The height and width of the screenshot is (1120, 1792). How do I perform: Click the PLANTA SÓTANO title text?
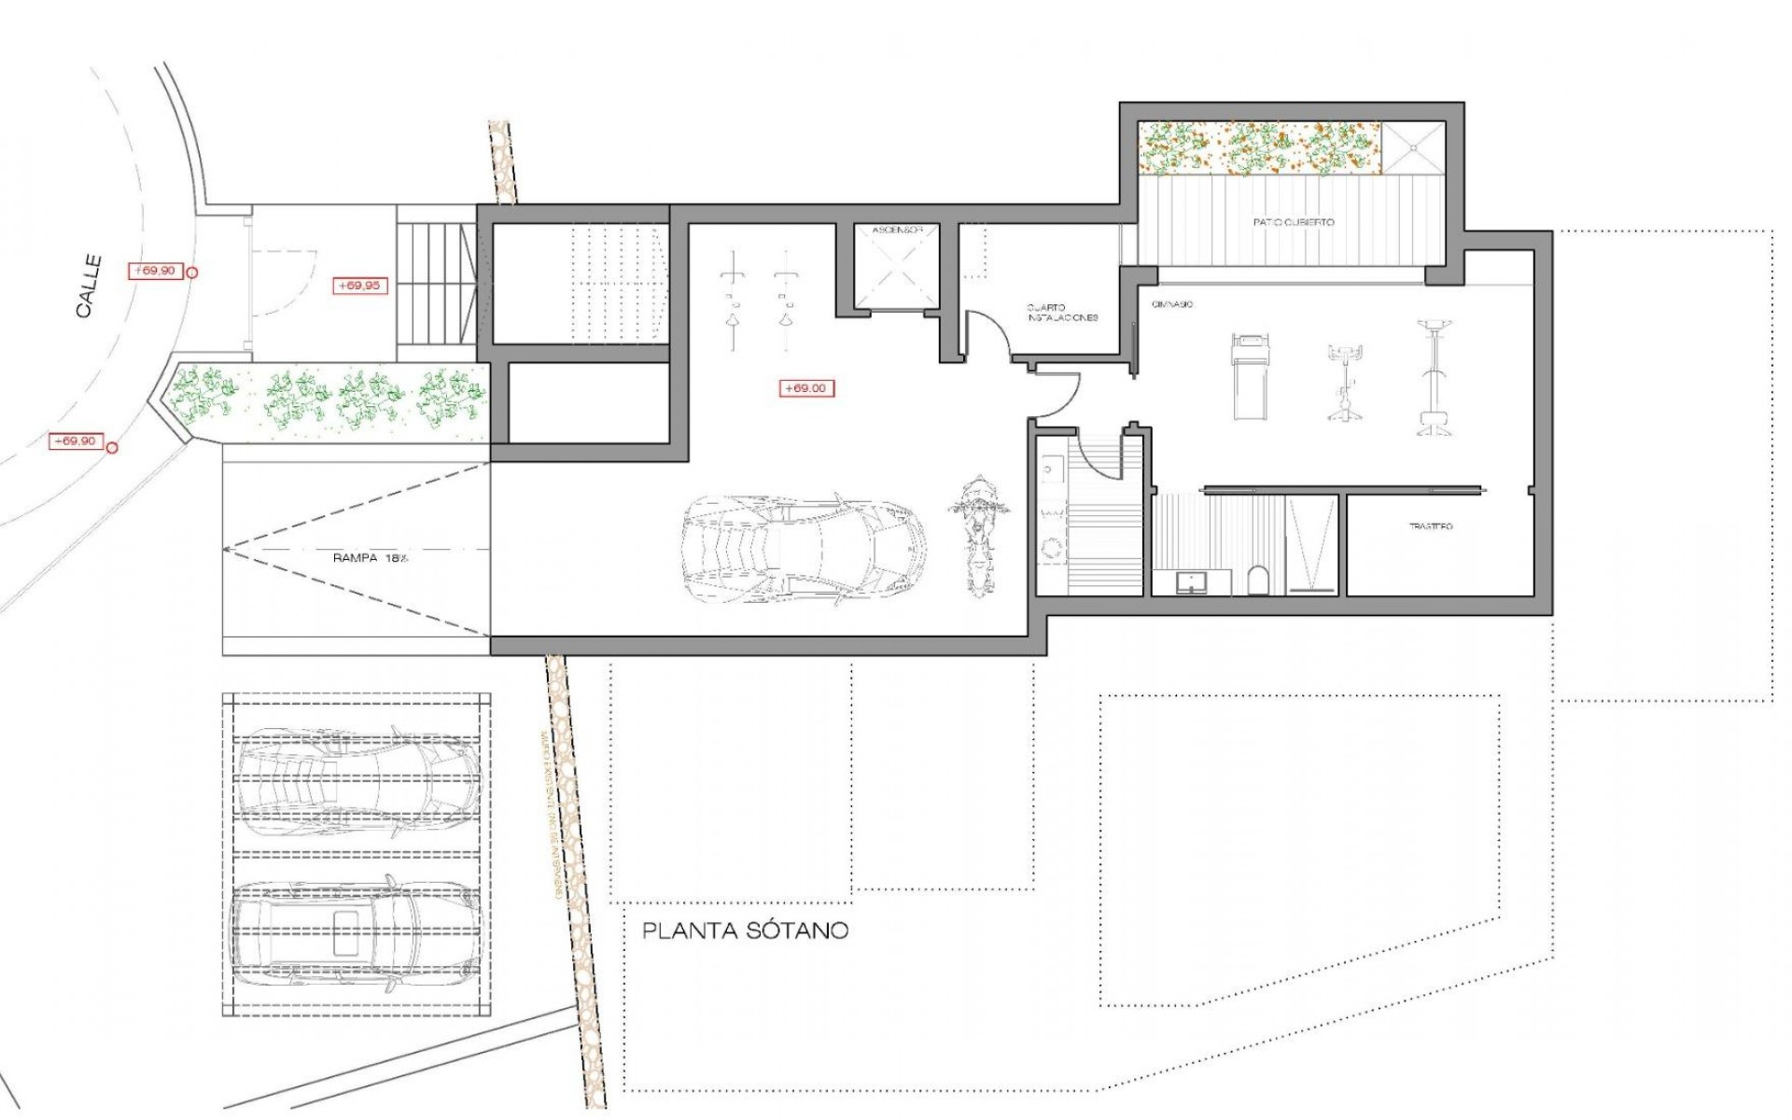point(746,931)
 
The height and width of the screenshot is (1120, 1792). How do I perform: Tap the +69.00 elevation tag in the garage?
point(806,388)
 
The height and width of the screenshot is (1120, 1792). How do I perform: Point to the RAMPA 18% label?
point(371,558)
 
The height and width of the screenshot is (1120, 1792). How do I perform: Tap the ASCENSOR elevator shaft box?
point(895,269)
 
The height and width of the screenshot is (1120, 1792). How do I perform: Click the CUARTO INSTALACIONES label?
point(1062,313)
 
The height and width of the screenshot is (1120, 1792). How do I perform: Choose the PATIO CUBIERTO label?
point(1293,223)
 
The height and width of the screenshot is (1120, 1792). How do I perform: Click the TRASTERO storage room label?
point(1430,527)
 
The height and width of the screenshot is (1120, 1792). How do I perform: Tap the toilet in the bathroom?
point(1257,581)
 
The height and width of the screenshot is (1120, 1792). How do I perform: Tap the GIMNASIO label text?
point(1172,305)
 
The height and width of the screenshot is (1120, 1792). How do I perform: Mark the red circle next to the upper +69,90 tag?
point(192,273)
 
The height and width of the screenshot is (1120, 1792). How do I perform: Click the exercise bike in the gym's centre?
point(1345,381)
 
